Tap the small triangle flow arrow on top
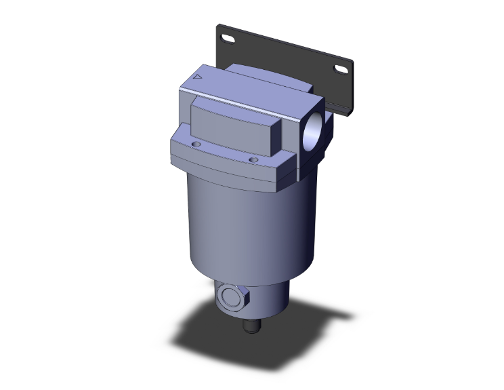[x=197, y=78]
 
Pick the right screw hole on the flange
[x=253, y=160]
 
